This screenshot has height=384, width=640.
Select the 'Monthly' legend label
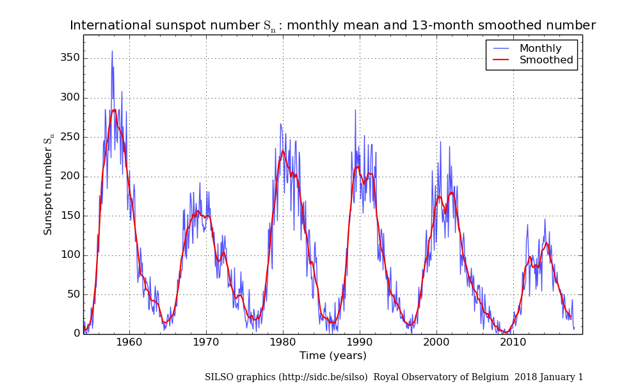click(540, 49)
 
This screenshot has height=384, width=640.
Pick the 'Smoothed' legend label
click(546, 60)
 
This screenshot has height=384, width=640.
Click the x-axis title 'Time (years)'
click(333, 356)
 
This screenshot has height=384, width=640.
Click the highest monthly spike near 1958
click(112, 51)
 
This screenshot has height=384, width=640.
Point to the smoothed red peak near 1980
click(282, 151)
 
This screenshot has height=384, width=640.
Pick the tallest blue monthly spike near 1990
click(355, 110)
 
